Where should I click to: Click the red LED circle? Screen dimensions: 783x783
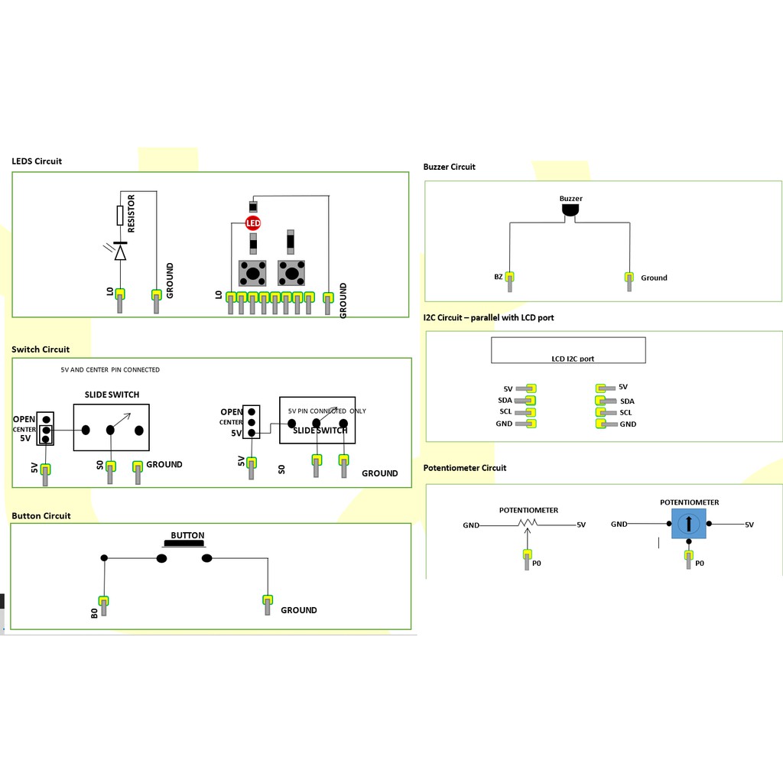(x=253, y=223)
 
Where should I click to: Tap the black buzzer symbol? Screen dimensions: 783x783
(x=570, y=210)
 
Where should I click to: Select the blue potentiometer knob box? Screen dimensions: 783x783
(x=689, y=523)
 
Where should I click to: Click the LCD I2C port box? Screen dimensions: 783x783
(x=568, y=350)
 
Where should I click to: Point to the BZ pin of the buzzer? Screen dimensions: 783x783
(x=509, y=281)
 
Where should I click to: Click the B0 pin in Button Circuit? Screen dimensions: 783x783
(x=103, y=606)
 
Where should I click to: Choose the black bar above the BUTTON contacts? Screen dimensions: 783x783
(x=184, y=544)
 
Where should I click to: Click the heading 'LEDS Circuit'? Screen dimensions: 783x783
(x=37, y=161)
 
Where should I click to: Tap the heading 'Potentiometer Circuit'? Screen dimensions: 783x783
(x=464, y=467)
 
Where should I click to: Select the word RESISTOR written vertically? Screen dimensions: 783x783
(x=132, y=213)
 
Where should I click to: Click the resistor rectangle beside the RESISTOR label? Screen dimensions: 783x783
(x=120, y=215)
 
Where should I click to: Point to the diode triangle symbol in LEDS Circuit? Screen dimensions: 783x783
(x=120, y=252)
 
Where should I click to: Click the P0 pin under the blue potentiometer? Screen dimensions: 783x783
(x=689, y=559)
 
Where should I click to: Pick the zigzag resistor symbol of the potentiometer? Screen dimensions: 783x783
(x=528, y=523)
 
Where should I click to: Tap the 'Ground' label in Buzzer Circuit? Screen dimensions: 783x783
(x=654, y=278)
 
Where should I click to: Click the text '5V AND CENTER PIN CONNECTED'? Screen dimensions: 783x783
(x=110, y=369)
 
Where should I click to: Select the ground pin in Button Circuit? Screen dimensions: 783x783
(x=268, y=605)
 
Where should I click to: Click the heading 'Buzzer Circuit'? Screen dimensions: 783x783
(x=449, y=166)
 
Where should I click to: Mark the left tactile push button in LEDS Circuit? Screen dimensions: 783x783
(x=252, y=273)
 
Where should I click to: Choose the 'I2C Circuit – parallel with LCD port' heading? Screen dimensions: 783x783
(x=489, y=317)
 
